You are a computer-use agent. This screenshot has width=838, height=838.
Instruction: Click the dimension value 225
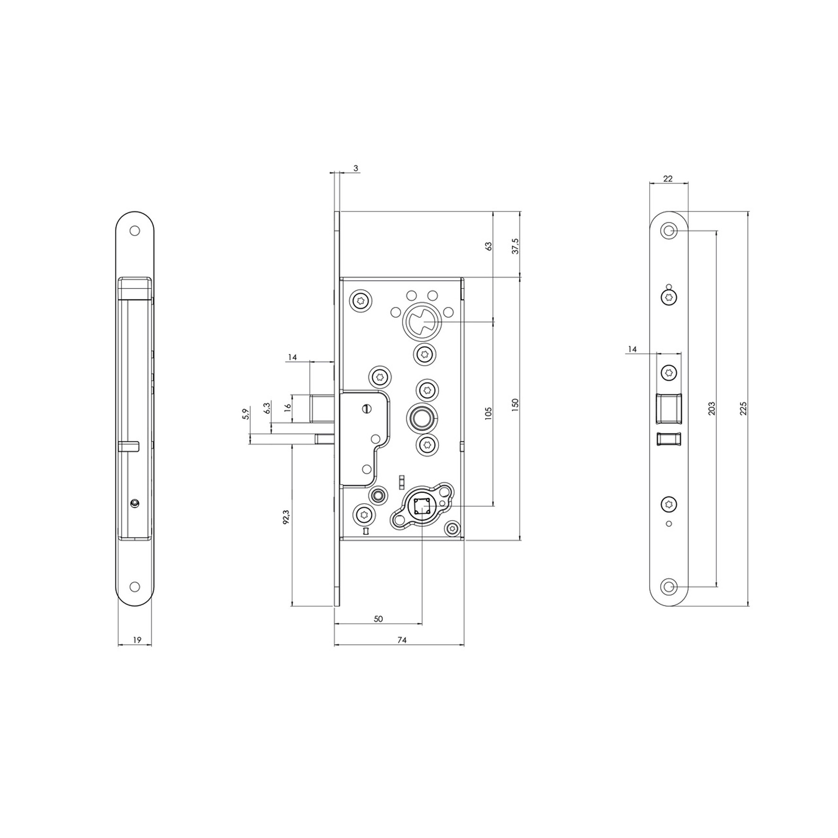point(743,409)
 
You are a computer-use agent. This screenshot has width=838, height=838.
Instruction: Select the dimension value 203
point(711,409)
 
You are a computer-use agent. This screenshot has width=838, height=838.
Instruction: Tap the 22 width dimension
point(668,179)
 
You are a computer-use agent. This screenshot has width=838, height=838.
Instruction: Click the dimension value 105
point(489,413)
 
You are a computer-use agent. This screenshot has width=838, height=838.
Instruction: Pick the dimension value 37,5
point(515,246)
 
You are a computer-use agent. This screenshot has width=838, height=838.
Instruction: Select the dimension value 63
point(489,246)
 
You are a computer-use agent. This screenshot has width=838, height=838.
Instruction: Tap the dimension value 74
point(402,640)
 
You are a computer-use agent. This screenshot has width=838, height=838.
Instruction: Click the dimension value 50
point(378,619)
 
